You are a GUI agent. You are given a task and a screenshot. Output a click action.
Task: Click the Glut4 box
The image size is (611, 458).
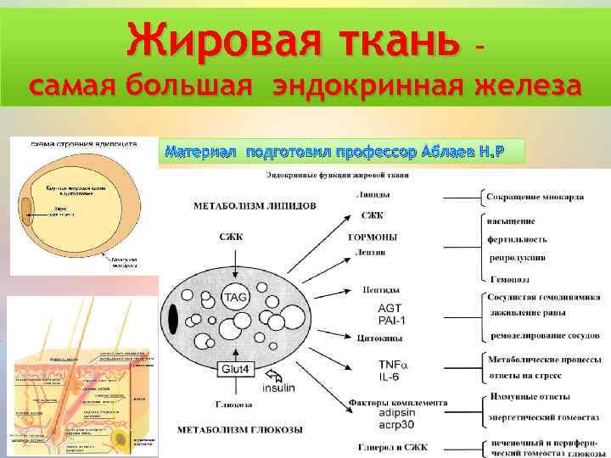click(235, 369)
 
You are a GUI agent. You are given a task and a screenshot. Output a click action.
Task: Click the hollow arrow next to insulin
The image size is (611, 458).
click(275, 374)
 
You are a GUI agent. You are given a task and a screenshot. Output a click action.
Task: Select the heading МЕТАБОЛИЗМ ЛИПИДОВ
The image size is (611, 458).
click(244, 206)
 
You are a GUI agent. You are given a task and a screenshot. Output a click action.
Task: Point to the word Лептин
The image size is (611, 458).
click(371, 252)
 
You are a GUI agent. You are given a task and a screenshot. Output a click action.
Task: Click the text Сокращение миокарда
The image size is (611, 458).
click(535, 197)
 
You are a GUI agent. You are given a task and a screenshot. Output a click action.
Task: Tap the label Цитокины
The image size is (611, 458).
click(372, 336)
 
